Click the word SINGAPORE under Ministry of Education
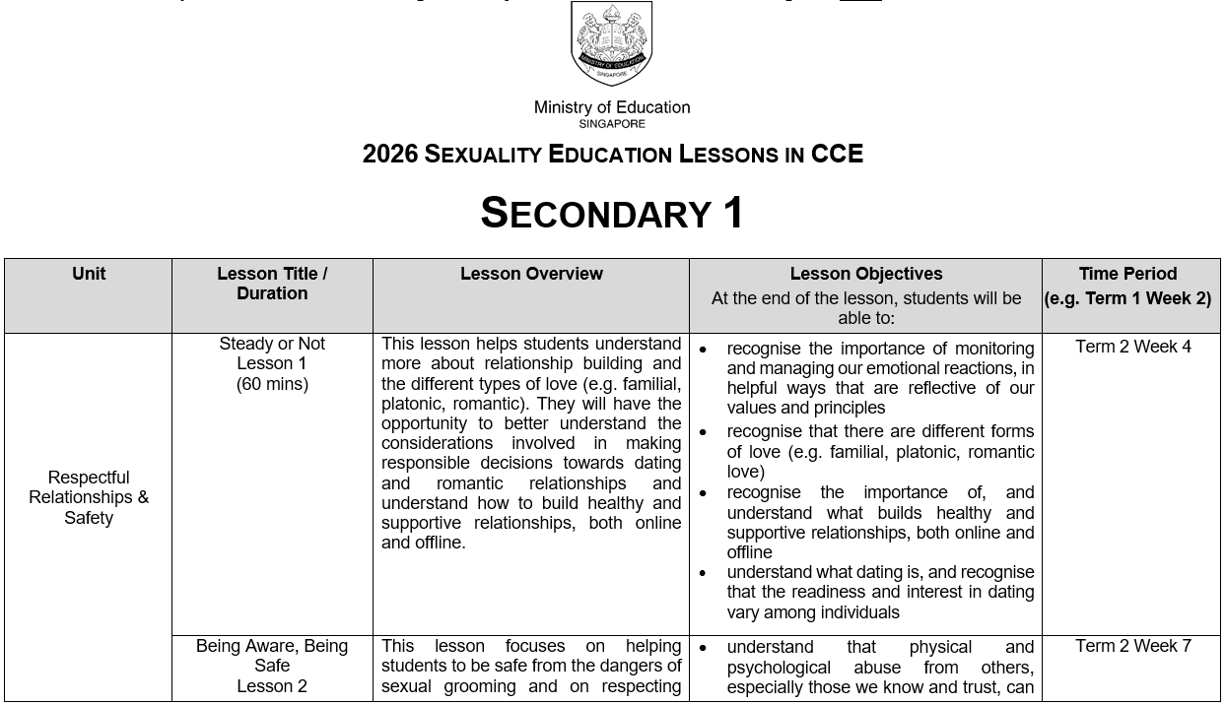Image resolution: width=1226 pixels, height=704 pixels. click(x=611, y=124)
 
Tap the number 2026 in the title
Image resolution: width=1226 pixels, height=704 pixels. click(x=390, y=155)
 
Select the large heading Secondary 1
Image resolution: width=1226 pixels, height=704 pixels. click(x=612, y=213)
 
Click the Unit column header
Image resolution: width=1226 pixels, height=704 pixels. click(x=89, y=274)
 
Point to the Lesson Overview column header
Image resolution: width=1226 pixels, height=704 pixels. click(x=531, y=274)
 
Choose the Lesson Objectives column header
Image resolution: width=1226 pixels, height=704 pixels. click(x=865, y=274)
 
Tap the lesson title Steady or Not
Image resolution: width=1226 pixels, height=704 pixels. click(x=272, y=344)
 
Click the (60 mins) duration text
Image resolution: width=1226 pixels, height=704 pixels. click(x=272, y=384)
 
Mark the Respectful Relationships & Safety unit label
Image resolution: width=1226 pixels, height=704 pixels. click(x=89, y=497)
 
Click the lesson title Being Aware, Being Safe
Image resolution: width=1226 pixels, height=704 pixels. click(x=272, y=656)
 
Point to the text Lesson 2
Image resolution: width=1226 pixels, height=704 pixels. click(x=272, y=686)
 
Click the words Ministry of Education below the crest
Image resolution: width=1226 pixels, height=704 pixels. click(x=611, y=107)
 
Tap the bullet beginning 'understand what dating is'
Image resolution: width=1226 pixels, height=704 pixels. click(x=880, y=592)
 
